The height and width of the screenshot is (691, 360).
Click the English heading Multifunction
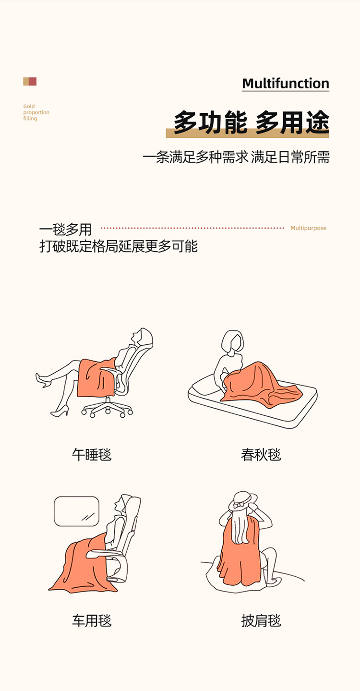point(286,84)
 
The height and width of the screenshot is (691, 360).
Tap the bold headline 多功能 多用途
point(251,123)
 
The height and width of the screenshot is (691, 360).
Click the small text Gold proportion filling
point(36,112)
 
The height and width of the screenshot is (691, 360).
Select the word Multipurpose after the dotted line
point(308,228)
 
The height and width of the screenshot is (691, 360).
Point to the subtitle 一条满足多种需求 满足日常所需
point(236,157)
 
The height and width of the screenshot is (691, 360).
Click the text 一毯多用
point(65,230)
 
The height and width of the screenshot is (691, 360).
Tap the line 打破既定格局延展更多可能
point(119,246)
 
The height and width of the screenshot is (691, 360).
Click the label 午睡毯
point(92,455)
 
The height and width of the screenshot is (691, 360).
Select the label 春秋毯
point(261,455)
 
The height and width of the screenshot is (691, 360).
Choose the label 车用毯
point(92,621)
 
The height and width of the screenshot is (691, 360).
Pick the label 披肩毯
point(261,621)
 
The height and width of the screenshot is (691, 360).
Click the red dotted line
point(192,228)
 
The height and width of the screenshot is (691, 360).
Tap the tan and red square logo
point(30,82)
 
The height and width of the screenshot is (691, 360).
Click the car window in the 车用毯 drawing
point(76,511)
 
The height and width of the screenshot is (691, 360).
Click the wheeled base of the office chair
point(107,408)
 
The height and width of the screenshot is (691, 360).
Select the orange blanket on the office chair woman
point(96,378)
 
